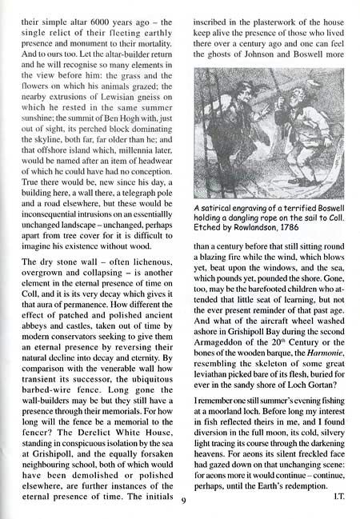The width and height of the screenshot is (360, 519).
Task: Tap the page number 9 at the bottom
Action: click(183, 501)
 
